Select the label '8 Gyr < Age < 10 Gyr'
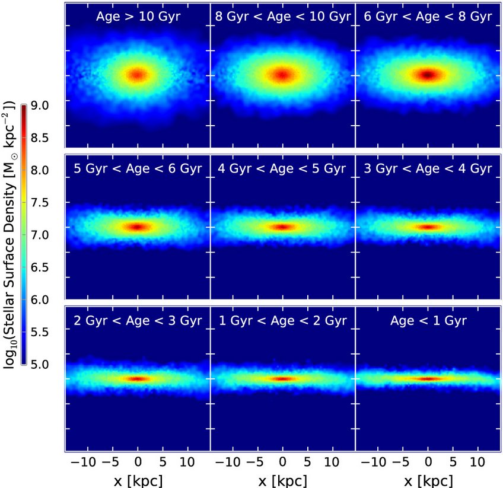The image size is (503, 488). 282,17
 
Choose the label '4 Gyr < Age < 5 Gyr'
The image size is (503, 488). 282,169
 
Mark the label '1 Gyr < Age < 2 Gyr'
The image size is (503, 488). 282,321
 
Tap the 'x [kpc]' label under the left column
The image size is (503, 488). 137,478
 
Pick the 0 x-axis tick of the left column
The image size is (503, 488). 138,461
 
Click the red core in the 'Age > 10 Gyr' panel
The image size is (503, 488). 138,75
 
